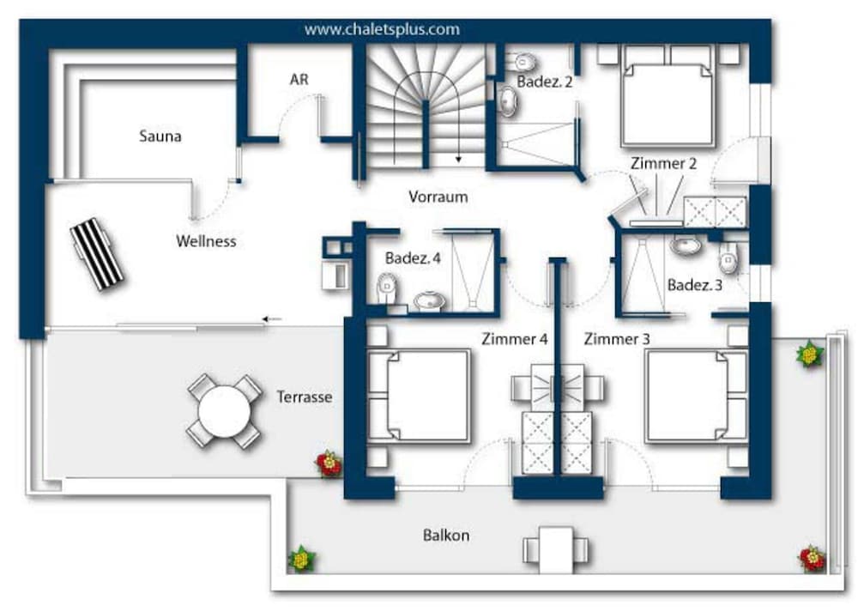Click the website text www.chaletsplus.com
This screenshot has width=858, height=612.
[x=382, y=29]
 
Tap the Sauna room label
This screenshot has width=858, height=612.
[x=160, y=136]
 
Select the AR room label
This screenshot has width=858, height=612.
[x=299, y=79]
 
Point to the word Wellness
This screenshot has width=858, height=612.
[x=206, y=241]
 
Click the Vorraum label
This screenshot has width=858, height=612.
[x=438, y=197]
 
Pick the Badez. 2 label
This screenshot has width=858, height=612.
[x=545, y=82]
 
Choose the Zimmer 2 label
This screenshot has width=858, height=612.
[x=663, y=163]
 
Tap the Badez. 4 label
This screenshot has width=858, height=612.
[x=413, y=258]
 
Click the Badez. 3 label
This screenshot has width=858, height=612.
[x=694, y=285]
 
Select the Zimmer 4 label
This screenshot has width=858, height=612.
[x=514, y=339]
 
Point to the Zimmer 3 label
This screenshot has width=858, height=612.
[x=617, y=339]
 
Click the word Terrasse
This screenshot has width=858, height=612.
[x=305, y=397]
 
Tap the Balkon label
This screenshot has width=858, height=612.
[x=446, y=535]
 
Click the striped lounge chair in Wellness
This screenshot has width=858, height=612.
[x=97, y=254]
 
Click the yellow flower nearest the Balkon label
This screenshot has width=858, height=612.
[x=301, y=559]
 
